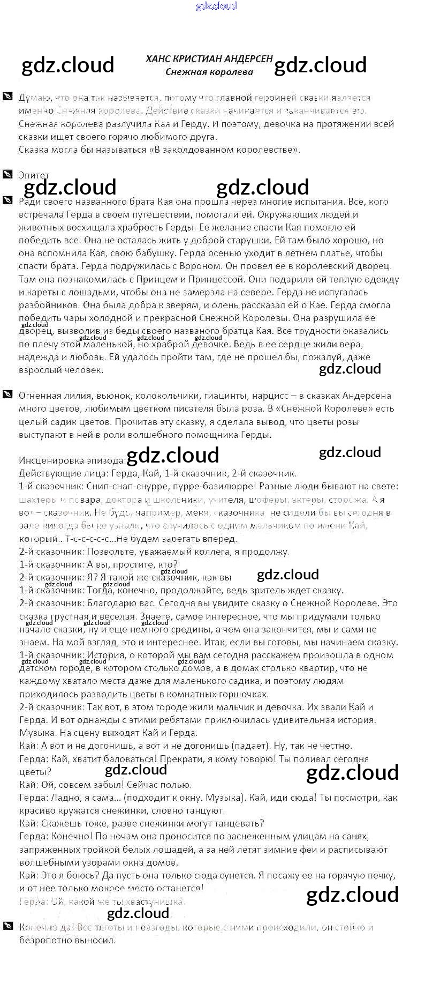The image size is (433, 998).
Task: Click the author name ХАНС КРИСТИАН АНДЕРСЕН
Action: coord(209,59)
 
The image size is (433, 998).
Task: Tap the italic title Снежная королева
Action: coord(209,72)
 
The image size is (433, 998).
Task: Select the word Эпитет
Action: coord(34,175)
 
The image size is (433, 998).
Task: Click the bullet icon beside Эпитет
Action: coord(7,175)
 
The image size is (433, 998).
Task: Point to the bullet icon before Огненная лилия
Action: coord(7,395)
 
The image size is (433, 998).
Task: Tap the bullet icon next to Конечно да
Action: coord(7,926)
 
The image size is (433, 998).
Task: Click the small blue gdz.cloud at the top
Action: coord(216,6)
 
